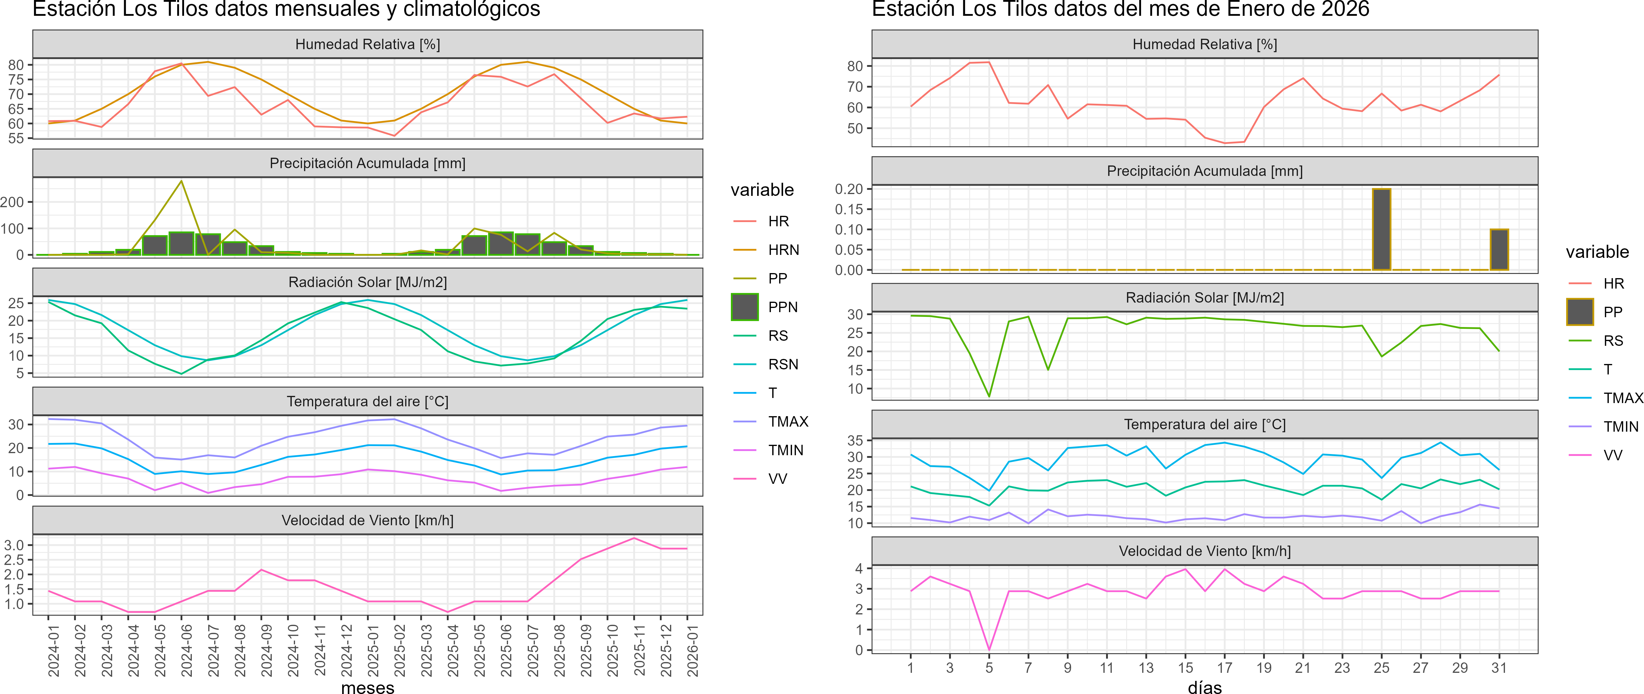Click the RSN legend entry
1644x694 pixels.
(783, 364)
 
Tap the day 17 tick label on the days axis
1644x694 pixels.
(1224, 668)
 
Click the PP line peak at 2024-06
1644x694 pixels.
(182, 181)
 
